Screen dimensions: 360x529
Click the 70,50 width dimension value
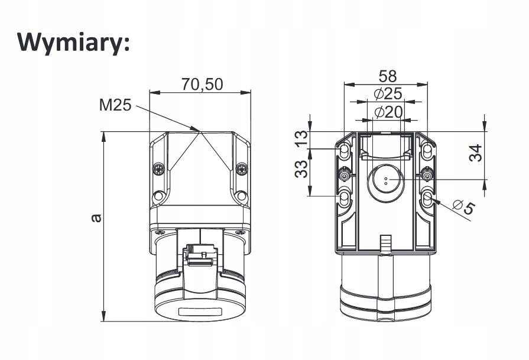coord(202,85)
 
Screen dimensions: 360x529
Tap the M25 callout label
coord(115,106)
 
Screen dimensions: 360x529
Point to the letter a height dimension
coord(96,218)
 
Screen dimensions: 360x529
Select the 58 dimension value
coord(388,76)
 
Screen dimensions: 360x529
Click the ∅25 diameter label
coord(388,93)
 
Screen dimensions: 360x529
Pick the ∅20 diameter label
coord(388,111)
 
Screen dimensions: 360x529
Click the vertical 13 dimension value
coord(302,140)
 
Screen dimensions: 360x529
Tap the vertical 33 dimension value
coord(302,170)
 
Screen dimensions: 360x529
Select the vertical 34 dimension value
coord(476,154)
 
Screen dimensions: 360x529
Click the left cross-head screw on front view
coord(158,170)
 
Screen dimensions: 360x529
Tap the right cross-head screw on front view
coord(241,170)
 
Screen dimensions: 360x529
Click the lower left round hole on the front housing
coord(158,196)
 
